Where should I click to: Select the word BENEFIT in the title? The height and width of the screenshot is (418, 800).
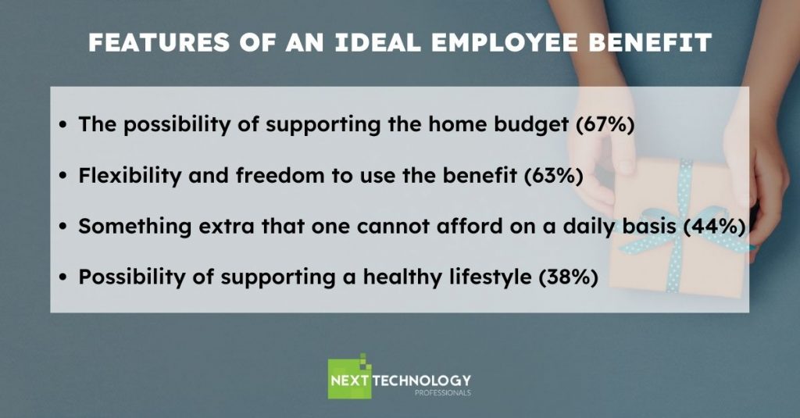point(650,42)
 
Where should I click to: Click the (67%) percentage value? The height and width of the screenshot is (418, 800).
point(605,124)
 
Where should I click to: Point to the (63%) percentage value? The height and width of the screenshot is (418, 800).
point(554,176)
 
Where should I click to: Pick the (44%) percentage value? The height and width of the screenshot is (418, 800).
point(715,227)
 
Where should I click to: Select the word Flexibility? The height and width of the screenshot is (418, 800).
point(130,176)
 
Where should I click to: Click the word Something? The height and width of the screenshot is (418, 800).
point(134,227)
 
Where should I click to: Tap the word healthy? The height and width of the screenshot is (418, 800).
point(402,277)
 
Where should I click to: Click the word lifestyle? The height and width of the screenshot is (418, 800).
point(491,277)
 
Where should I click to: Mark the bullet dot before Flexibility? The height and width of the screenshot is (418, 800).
point(62,176)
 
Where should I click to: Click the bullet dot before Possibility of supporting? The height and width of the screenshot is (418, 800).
point(62,277)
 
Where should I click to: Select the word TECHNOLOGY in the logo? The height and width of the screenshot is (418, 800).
point(421,380)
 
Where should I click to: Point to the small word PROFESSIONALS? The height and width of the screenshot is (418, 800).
point(443,393)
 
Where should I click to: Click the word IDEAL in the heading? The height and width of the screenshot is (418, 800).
point(378,42)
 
